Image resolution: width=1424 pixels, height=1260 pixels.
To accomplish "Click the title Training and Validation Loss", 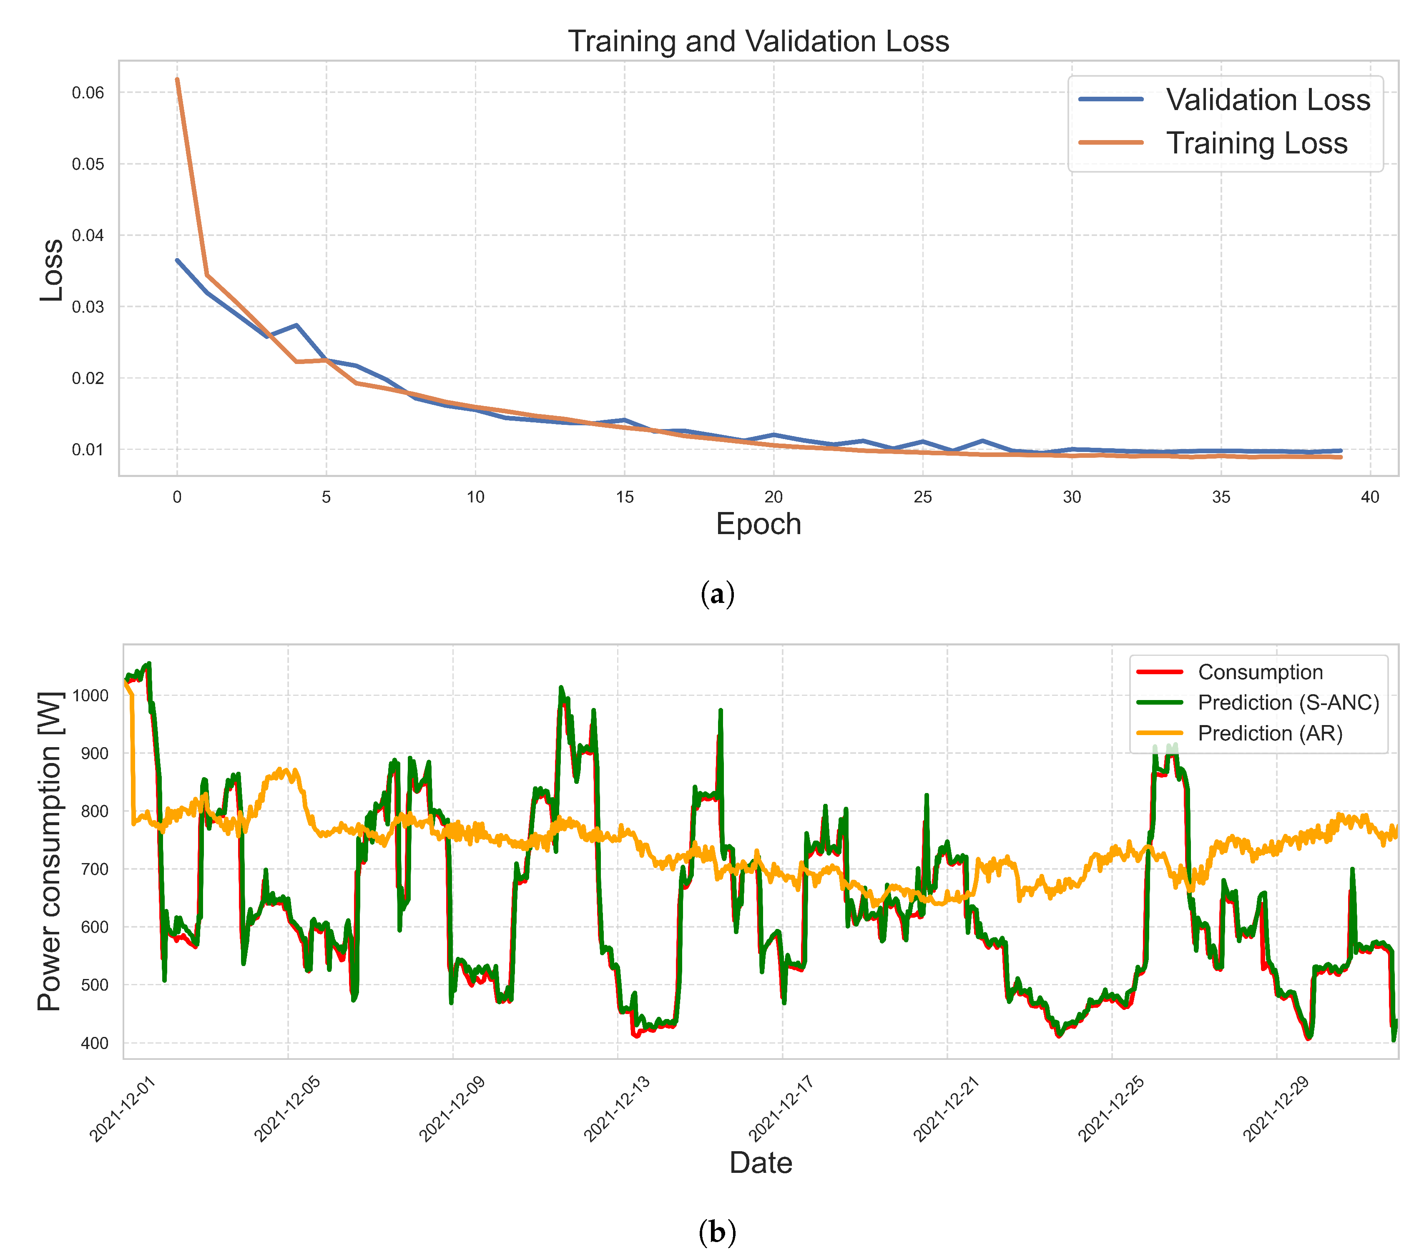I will [x=758, y=41].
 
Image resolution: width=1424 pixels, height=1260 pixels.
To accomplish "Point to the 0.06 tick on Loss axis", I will [x=88, y=93].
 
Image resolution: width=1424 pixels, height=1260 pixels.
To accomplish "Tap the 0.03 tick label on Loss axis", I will [x=88, y=307].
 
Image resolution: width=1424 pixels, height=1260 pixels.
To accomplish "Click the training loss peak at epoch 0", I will [x=177, y=79].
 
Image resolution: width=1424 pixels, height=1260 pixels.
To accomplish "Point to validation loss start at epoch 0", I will [x=177, y=261].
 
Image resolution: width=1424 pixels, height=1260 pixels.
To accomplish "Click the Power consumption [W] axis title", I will [x=50, y=851].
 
